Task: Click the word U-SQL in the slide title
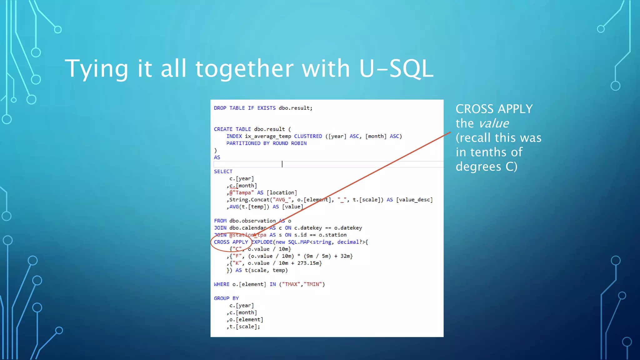396,68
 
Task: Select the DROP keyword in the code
220,108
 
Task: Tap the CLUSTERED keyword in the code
308,136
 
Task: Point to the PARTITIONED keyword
243,143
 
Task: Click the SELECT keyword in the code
223,172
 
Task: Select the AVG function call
234,207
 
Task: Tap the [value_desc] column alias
414,200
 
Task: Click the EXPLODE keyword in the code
262,242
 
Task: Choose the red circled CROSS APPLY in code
231,242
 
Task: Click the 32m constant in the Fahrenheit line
346,256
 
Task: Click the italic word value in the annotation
494,123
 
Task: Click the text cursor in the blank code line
282,164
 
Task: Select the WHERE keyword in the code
222,284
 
